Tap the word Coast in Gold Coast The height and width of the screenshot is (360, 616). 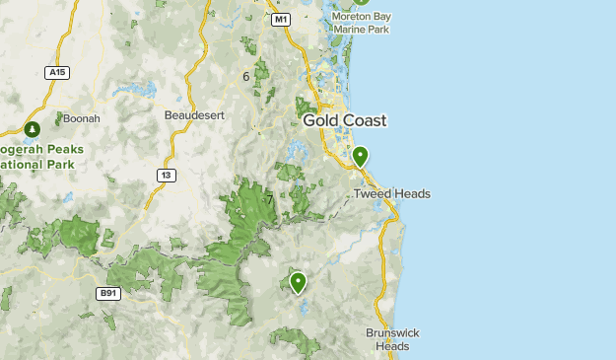tap(364, 120)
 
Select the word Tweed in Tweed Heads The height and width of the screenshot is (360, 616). tap(373, 194)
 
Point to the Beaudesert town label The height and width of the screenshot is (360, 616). tap(194, 115)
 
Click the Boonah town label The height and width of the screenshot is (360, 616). tap(81, 118)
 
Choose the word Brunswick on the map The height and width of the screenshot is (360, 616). tap(392, 333)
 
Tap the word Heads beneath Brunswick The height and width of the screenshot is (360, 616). tap(392, 346)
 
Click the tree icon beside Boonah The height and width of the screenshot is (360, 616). tap(33, 129)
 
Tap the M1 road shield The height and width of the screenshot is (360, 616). tap(281, 19)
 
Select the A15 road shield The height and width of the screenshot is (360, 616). tap(57, 72)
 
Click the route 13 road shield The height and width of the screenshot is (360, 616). tap(165, 175)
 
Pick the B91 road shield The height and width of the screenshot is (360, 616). tap(107, 293)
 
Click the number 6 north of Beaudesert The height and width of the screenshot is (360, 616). tap(246, 76)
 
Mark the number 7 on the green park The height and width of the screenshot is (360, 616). tap(268, 200)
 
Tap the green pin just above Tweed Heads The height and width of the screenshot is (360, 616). tap(360, 156)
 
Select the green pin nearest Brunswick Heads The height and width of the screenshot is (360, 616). tap(297, 282)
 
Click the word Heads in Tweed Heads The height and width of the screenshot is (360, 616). tap(412, 194)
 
